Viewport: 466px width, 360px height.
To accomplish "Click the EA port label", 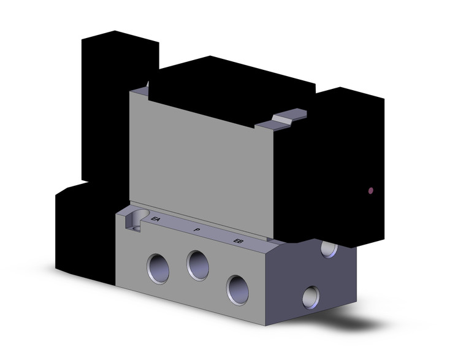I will point(155,219).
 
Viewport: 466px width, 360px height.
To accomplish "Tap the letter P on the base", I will point(196,229).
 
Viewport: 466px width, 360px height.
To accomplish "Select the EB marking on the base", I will point(238,240).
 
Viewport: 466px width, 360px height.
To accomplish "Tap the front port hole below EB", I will point(238,286).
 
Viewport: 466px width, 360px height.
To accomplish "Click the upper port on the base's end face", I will point(328,248).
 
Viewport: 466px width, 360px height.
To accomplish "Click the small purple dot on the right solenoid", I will point(370,191).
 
